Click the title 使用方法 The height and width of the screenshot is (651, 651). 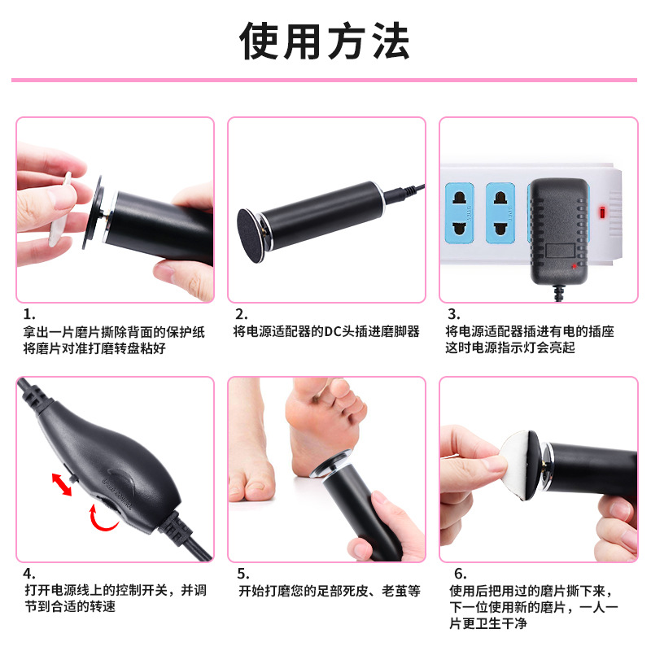[325, 42]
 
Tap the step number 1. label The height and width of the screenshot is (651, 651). [29, 314]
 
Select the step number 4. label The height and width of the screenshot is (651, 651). [29, 574]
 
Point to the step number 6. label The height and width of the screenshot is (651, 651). [461, 574]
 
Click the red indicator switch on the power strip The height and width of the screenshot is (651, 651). [602, 212]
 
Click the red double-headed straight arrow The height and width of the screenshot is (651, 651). [62, 484]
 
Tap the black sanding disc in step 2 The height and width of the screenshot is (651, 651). [251, 235]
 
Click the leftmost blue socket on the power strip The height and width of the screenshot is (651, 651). [460, 213]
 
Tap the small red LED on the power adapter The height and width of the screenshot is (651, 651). [575, 266]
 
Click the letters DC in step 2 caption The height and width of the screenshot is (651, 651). [333, 331]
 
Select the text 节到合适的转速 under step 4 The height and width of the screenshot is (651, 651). [70, 606]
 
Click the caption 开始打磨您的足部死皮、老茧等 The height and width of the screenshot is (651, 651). [330, 591]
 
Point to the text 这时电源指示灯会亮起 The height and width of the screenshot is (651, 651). [510, 347]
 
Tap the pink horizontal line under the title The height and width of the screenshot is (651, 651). [324, 80]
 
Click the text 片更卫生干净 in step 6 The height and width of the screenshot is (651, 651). [487, 623]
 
